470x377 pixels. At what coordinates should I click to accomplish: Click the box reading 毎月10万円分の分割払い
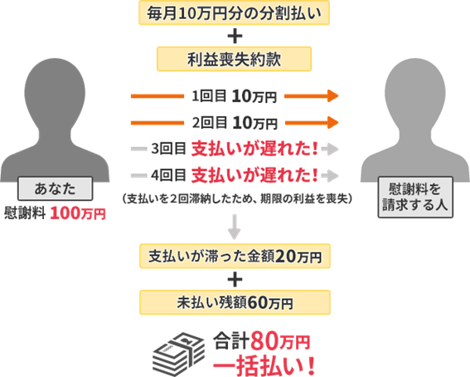pyautogui.click(x=234, y=13)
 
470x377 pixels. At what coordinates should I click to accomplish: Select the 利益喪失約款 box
pyautogui.click(x=234, y=59)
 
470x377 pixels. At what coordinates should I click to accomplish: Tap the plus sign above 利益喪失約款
pyautogui.click(x=235, y=36)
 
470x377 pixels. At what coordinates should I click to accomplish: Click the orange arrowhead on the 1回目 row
pyautogui.click(x=332, y=96)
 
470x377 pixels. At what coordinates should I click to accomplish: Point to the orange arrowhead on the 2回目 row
pyautogui.click(x=332, y=122)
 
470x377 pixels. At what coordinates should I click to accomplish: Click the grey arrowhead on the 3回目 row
pyautogui.click(x=332, y=149)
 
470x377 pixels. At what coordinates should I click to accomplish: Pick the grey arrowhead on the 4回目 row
pyautogui.click(x=332, y=175)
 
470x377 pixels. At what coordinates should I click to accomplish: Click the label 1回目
pyautogui.click(x=209, y=96)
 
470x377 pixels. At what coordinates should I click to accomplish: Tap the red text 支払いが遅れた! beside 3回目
pyautogui.click(x=254, y=149)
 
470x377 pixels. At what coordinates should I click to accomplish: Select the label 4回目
pyautogui.click(x=168, y=175)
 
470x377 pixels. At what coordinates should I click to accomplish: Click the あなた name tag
pyautogui.click(x=55, y=188)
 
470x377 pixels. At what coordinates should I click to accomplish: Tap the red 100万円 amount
pyautogui.click(x=78, y=213)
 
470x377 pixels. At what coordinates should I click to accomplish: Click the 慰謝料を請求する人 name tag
pyautogui.click(x=415, y=197)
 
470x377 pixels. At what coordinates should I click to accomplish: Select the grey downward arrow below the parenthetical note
pyautogui.click(x=234, y=227)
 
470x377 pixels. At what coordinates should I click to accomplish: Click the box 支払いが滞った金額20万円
pyautogui.click(x=235, y=256)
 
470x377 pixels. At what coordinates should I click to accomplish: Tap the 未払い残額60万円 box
pyautogui.click(x=235, y=302)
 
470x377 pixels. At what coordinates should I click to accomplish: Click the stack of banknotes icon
pyautogui.click(x=179, y=355)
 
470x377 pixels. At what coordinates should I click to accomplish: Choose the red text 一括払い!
pyautogui.click(x=264, y=366)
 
